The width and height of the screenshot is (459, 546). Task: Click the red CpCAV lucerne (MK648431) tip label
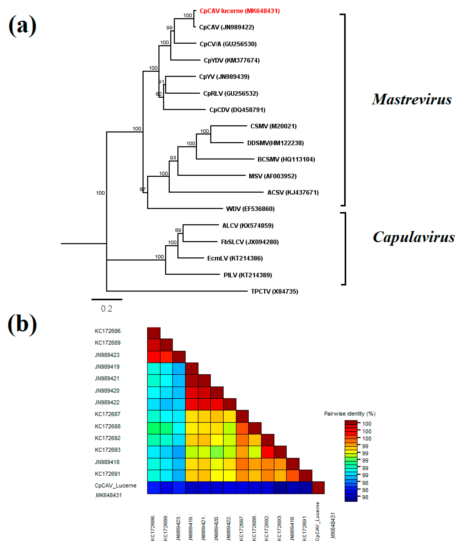pyautogui.click(x=239, y=11)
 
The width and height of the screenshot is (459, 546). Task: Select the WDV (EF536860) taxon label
pyautogui.click(x=250, y=209)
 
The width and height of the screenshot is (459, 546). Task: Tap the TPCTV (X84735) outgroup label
pyautogui.click(x=274, y=291)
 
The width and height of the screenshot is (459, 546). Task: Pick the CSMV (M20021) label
pyautogui.click(x=273, y=126)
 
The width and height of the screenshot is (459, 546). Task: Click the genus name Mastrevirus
pyautogui.click(x=412, y=100)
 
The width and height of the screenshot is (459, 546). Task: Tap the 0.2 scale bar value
pyautogui.click(x=106, y=309)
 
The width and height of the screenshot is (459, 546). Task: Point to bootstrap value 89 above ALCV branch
pyautogui.click(x=178, y=230)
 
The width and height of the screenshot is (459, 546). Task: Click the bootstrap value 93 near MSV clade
pyautogui.click(x=173, y=158)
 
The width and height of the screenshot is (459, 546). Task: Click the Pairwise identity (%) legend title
pyautogui.click(x=349, y=414)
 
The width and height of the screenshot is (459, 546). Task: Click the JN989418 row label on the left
pyautogui.click(x=107, y=462)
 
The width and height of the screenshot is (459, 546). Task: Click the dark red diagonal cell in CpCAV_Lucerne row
pyautogui.click(x=318, y=488)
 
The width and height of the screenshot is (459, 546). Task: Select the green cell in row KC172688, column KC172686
pyautogui.click(x=153, y=428)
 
